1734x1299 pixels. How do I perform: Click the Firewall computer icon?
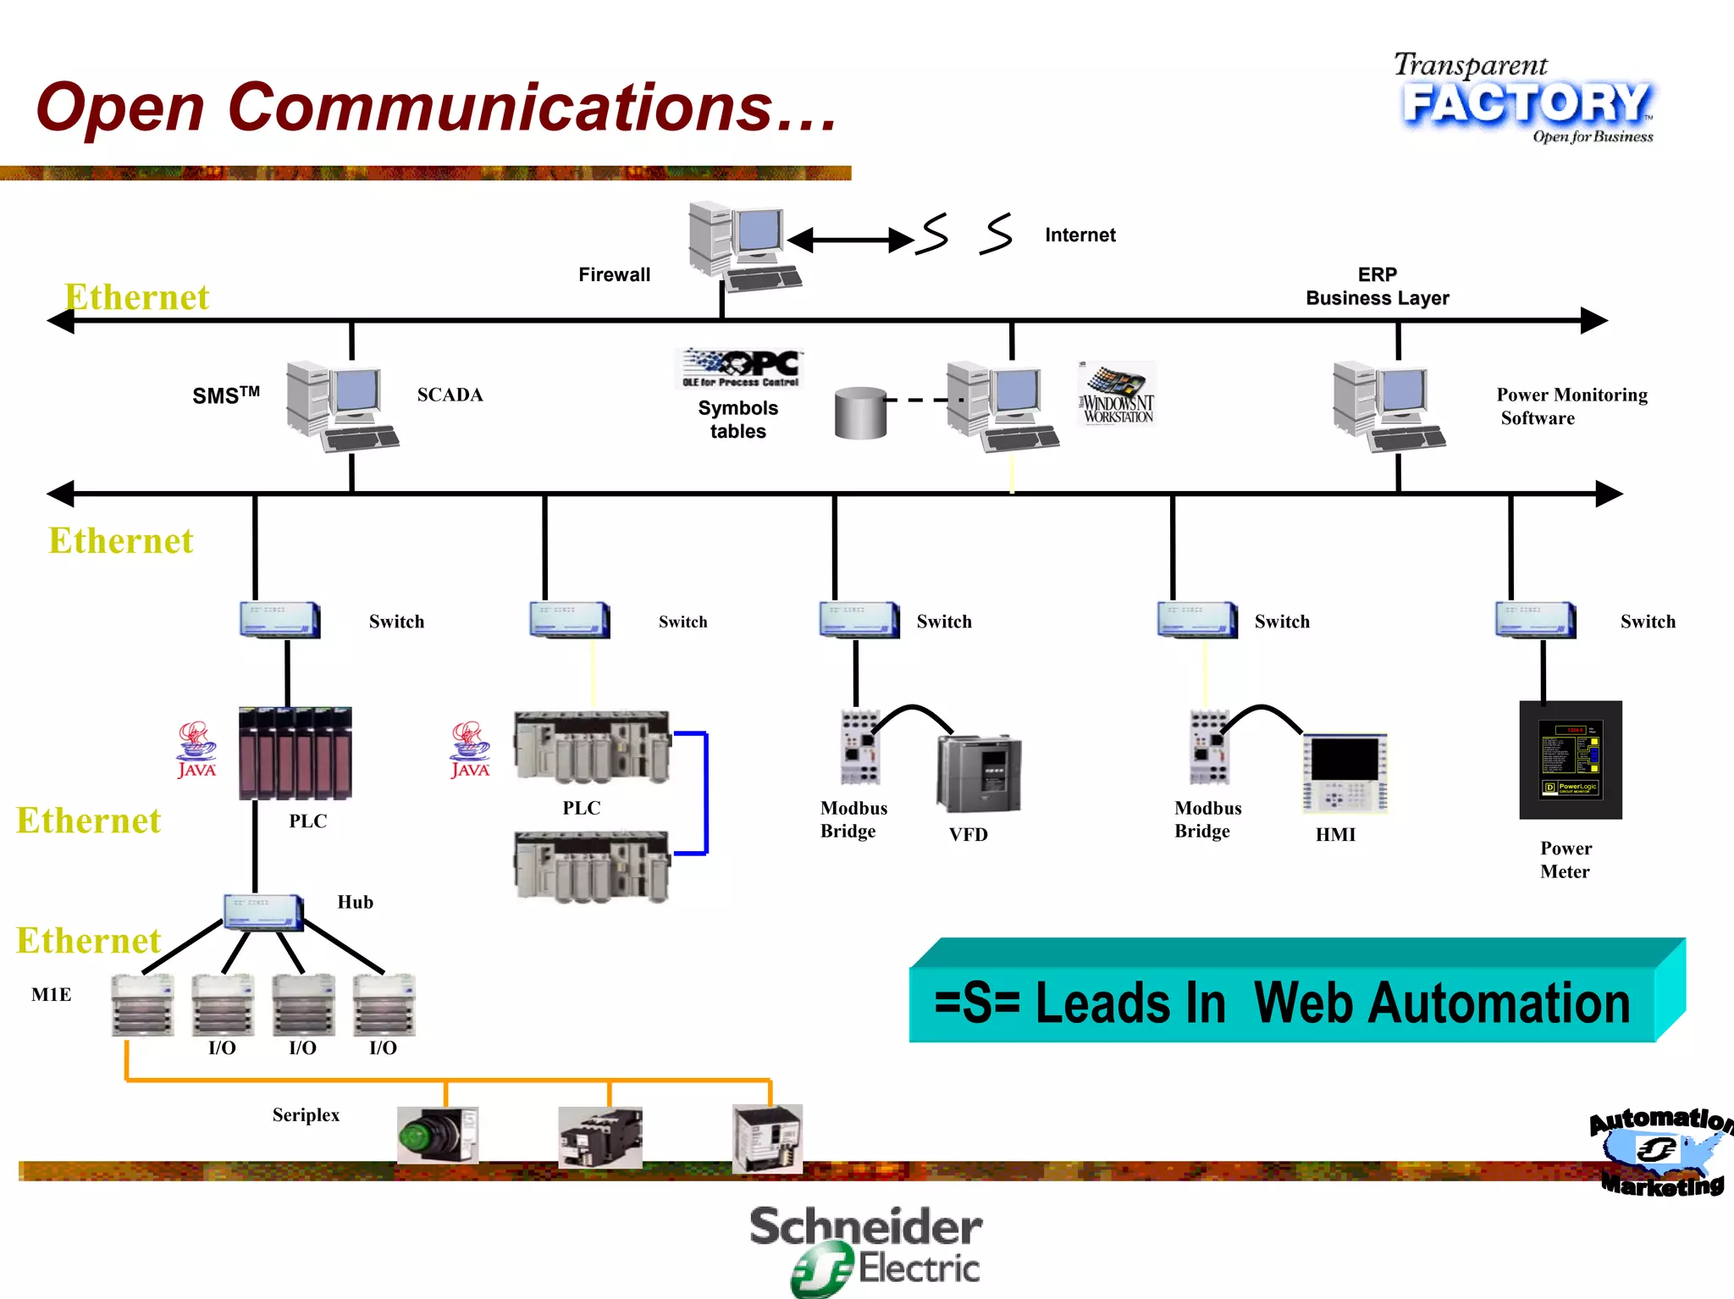tap(743, 245)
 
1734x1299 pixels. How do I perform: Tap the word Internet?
tap(1080, 235)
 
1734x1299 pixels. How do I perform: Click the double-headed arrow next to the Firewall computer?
tap(850, 240)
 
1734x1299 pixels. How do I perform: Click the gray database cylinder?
tap(860, 413)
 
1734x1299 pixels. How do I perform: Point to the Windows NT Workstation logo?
tap(1118, 395)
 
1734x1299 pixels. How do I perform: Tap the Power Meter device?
tap(1571, 760)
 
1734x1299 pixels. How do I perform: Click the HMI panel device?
tap(1344, 773)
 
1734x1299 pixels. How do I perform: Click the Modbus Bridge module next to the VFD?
tap(859, 747)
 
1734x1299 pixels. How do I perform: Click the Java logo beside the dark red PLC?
tap(196, 749)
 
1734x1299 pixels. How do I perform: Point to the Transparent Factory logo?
tap(1524, 100)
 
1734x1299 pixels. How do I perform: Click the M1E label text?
tap(52, 994)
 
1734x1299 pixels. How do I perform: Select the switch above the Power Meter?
tap(1534, 620)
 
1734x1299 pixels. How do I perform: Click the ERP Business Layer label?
tap(1377, 286)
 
